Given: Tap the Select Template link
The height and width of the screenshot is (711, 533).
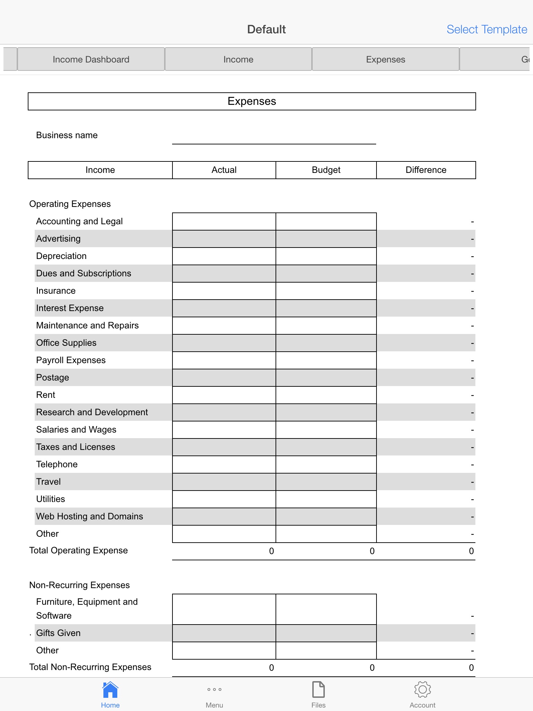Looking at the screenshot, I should click(x=487, y=30).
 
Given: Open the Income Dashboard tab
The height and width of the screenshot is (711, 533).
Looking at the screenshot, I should click(x=91, y=59).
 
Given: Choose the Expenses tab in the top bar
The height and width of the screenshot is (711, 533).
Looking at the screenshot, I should click(x=386, y=59).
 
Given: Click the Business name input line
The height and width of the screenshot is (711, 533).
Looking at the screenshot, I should click(x=274, y=137).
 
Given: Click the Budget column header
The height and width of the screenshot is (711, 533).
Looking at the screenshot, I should click(x=326, y=170).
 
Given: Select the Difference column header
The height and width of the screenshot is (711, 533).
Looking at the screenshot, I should click(x=426, y=170).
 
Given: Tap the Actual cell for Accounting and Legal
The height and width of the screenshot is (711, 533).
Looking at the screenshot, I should click(x=224, y=221).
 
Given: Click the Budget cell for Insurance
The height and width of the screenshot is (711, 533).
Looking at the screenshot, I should click(x=326, y=291).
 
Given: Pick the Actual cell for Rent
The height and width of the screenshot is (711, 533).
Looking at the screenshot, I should click(x=224, y=395).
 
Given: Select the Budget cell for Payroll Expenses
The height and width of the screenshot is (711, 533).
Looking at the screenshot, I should click(x=326, y=360).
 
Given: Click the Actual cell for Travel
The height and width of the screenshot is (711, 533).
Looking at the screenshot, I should click(x=224, y=482).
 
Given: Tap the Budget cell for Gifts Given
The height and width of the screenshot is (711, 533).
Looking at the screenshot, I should click(x=326, y=633).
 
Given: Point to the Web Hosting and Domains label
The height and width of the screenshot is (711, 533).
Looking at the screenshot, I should click(x=90, y=517).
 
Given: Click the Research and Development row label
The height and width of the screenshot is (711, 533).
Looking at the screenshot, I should click(x=92, y=412).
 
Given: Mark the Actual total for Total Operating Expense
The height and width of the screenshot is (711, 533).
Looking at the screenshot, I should click(x=271, y=551).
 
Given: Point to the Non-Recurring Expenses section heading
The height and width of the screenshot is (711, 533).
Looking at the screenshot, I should click(x=79, y=585).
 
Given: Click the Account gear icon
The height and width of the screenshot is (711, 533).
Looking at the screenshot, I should click(x=422, y=689).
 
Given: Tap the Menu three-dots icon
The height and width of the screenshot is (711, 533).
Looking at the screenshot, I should click(x=214, y=689).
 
